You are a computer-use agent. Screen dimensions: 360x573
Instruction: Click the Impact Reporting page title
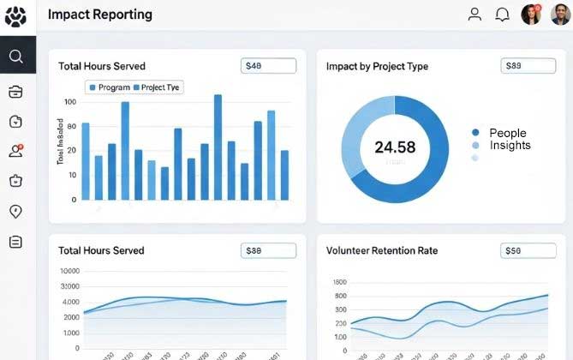click(100, 15)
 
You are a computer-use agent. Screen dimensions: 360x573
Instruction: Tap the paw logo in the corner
click(16, 16)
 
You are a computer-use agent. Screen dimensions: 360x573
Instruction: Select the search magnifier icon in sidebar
click(16, 57)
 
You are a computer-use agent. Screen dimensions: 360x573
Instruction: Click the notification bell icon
click(503, 15)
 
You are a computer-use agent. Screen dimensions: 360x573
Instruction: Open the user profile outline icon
click(475, 15)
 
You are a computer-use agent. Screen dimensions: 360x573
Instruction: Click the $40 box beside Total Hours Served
click(268, 65)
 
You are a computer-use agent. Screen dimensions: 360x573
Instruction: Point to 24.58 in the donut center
click(395, 147)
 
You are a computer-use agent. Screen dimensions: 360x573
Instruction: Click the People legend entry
click(507, 133)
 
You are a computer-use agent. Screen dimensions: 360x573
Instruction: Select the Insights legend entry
click(510, 146)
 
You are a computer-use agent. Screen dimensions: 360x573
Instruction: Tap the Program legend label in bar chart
click(114, 87)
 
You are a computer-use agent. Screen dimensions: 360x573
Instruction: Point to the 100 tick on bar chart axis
click(70, 102)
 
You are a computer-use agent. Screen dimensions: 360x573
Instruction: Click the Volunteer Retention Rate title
click(381, 250)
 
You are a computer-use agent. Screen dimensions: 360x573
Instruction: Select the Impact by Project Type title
click(377, 66)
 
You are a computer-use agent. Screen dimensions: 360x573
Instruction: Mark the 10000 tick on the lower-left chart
click(70, 271)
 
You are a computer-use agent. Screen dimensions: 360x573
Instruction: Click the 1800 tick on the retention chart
click(338, 282)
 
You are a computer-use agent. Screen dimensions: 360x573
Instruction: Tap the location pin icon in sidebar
click(15, 212)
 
